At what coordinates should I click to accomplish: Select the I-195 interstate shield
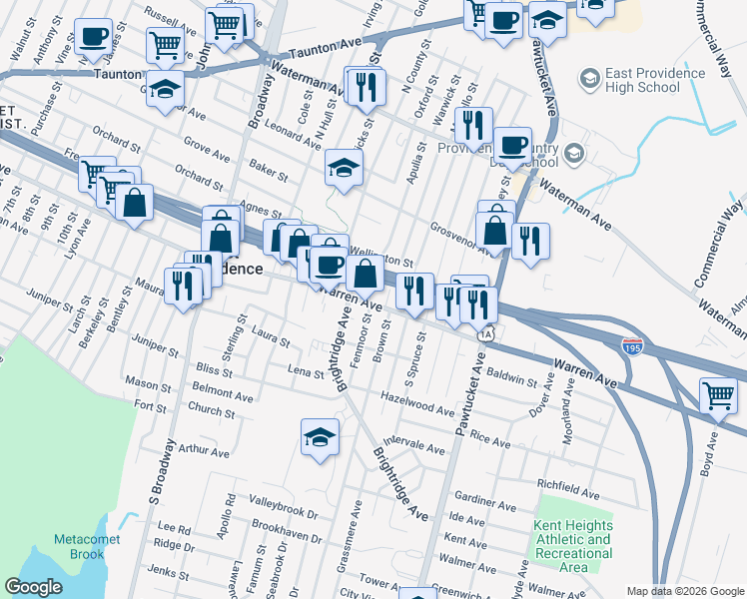(x=632, y=346)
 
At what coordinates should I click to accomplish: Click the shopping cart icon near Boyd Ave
(x=718, y=394)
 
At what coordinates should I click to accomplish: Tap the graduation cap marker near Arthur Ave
(x=320, y=436)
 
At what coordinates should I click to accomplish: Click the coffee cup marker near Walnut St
(x=94, y=37)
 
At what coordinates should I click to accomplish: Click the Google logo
(x=34, y=587)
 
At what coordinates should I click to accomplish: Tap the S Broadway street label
(x=162, y=483)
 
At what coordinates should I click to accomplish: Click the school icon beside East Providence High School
(x=590, y=77)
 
